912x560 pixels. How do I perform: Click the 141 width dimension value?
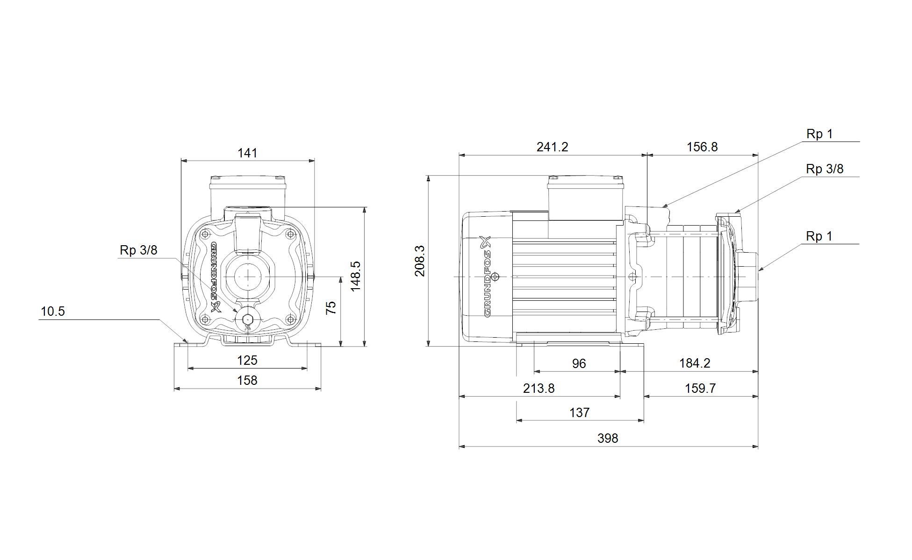pos(247,153)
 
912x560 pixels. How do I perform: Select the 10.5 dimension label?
pos(53,312)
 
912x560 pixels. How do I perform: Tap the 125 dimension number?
pos(247,361)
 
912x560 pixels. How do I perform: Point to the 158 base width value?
pos(247,381)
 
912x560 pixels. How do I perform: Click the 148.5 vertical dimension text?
pos(356,276)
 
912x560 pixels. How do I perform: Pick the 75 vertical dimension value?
pos(331,308)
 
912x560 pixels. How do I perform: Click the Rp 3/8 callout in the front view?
pos(138,250)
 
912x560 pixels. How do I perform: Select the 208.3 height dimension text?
pos(420,261)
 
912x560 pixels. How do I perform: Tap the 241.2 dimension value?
pos(553,147)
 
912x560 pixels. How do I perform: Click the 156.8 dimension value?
pos(702,147)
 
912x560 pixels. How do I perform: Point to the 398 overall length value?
pos(608,439)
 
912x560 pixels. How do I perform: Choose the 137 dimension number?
pos(580,413)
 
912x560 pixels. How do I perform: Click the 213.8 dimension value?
pos(539,389)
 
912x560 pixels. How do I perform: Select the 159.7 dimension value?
pos(700,389)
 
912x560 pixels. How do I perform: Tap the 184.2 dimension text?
pos(695,363)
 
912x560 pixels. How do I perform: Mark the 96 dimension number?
pos(579,364)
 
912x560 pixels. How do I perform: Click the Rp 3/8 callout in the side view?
pos(825,169)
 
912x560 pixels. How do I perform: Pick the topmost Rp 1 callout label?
pos(819,135)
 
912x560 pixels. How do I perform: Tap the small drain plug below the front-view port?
pos(248,319)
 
